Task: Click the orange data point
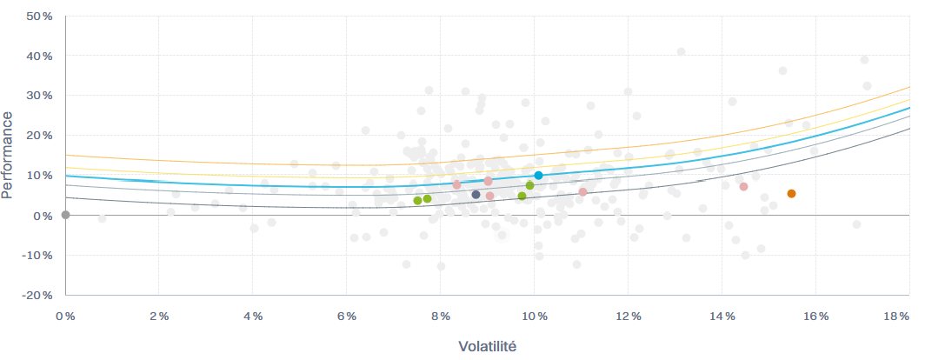point(791,194)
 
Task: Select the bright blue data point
point(538,176)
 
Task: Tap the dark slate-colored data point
point(476,195)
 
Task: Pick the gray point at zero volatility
point(65,215)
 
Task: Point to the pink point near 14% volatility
point(743,187)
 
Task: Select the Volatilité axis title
point(487,346)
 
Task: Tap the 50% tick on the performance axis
point(40,16)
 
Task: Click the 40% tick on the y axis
point(40,56)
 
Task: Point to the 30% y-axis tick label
point(40,96)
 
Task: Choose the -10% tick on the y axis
point(38,255)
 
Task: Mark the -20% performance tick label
point(38,295)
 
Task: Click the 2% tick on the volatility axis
point(159,317)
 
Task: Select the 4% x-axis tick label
point(253,317)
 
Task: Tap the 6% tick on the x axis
point(347,317)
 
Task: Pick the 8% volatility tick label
point(441,317)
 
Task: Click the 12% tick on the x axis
point(628,317)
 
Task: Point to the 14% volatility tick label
point(722,317)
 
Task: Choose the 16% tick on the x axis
point(815,317)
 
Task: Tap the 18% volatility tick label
point(896,317)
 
